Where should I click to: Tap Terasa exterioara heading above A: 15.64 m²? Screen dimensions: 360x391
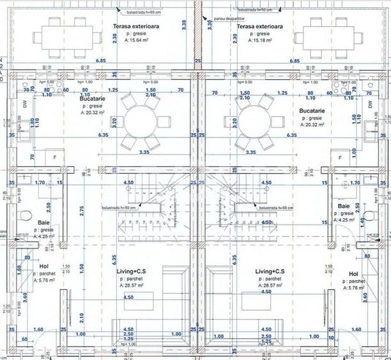[x=136, y=26]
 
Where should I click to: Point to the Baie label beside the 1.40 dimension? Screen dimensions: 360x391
[x=343, y=206]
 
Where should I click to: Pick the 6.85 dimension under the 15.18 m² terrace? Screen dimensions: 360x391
[x=295, y=60]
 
